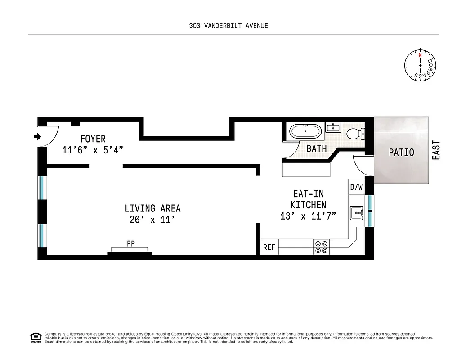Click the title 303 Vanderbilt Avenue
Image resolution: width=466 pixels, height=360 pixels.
coord(229,26)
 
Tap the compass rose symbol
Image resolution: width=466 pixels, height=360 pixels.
coord(420,66)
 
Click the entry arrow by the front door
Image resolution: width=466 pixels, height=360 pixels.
coord(38,136)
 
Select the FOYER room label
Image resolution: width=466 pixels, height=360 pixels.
coord(93,139)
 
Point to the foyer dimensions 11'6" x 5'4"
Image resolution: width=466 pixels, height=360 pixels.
coord(93,150)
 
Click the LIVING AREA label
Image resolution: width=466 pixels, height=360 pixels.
coord(152,208)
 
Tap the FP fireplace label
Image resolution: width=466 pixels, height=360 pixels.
coord(131,243)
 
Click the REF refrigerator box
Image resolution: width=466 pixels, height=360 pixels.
coord(269,247)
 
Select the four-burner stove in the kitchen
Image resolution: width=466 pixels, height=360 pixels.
coord(322,247)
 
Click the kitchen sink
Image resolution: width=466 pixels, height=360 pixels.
coord(357,212)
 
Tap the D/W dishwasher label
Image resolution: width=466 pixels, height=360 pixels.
coord(356,187)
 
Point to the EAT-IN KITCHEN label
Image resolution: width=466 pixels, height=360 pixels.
coord(308,199)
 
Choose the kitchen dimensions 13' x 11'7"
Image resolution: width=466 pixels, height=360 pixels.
coord(308,216)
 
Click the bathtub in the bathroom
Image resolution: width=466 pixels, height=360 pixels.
coord(305,132)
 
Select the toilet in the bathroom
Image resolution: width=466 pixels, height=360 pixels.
coord(355,133)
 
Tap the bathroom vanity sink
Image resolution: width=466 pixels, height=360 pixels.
coord(333,127)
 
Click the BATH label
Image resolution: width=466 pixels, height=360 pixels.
coord(317,148)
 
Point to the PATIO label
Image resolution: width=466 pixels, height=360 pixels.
coord(401,153)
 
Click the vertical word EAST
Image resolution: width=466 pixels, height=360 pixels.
coord(436,150)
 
